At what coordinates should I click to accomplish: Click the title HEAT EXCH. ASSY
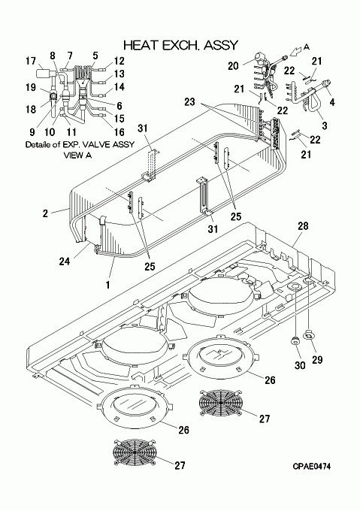181,45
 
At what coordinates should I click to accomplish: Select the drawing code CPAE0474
311,467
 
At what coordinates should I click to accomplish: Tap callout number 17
31,61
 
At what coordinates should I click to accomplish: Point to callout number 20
233,66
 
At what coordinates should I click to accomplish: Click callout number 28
303,226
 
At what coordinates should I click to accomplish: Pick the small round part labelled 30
295,341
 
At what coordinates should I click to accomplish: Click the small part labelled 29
309,334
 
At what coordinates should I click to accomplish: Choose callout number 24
65,261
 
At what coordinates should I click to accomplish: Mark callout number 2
45,213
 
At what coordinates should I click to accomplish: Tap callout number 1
107,285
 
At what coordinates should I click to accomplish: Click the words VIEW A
77,156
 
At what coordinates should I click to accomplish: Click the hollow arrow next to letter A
296,51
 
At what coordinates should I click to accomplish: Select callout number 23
189,102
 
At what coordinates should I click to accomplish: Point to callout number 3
325,125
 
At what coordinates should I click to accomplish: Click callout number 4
332,102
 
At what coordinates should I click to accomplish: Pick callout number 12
119,61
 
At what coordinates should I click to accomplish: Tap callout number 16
119,132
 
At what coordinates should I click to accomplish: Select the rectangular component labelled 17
42,73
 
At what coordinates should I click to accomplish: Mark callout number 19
31,87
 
